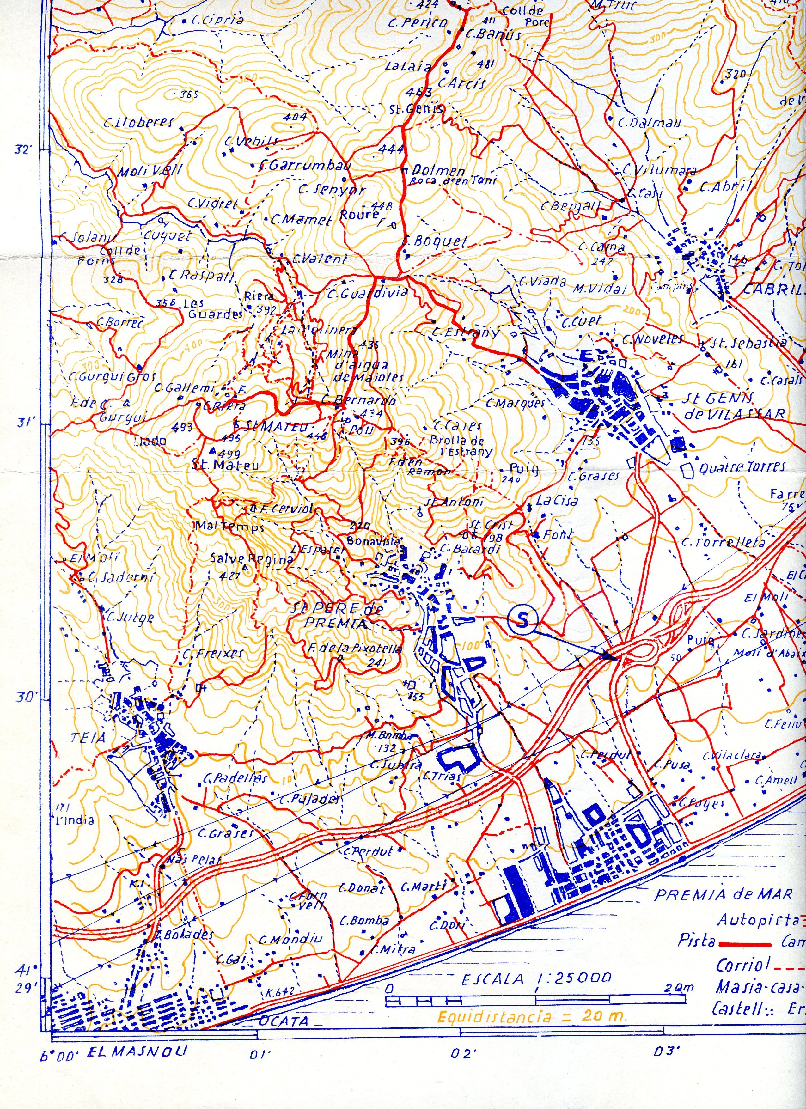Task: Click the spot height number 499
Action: pos(230,453)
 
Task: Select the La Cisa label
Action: pos(557,500)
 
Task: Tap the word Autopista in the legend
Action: pos(758,920)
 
